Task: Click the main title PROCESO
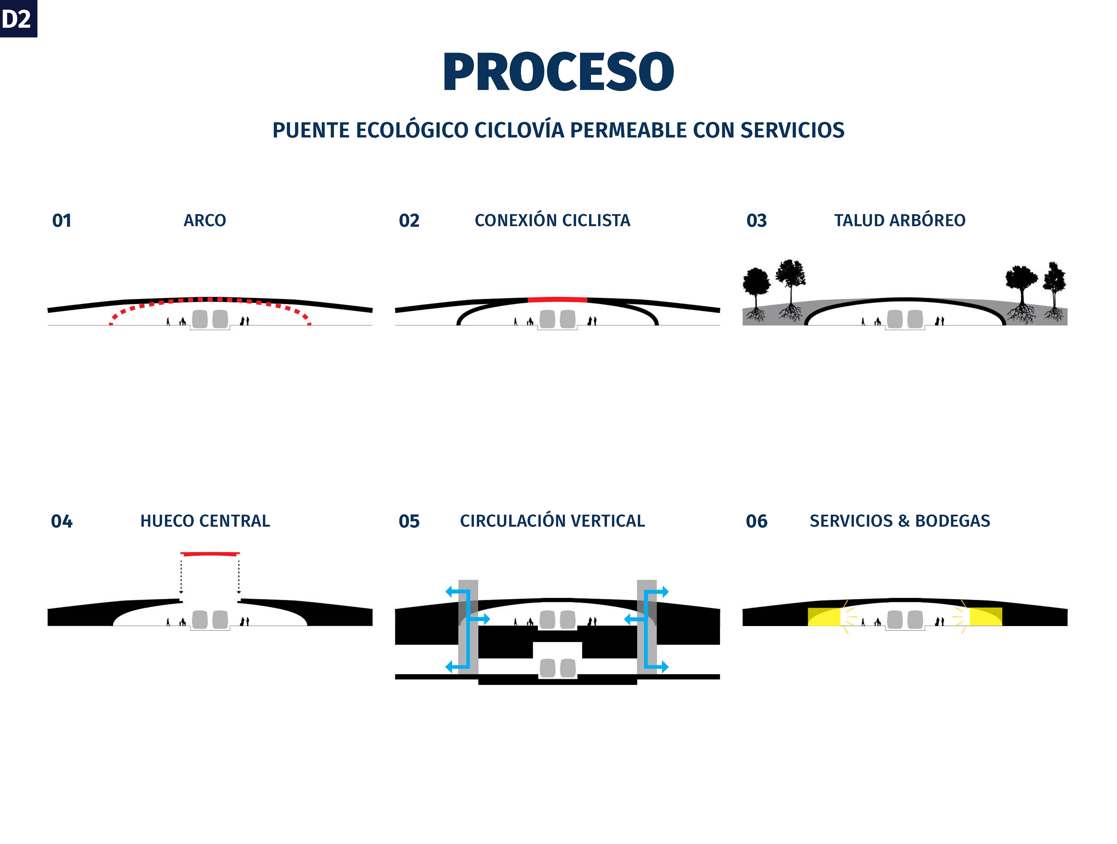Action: [558, 72]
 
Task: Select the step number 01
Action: [62, 221]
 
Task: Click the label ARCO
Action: [204, 221]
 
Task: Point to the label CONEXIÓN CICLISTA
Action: [552, 221]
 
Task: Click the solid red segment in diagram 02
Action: [558, 299]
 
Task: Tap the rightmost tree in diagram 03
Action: [1054, 288]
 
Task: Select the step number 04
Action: [62, 521]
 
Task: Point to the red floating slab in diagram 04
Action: [210, 554]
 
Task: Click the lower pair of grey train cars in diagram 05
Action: [558, 668]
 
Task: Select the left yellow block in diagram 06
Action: [823, 617]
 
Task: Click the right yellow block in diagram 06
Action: [986, 617]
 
